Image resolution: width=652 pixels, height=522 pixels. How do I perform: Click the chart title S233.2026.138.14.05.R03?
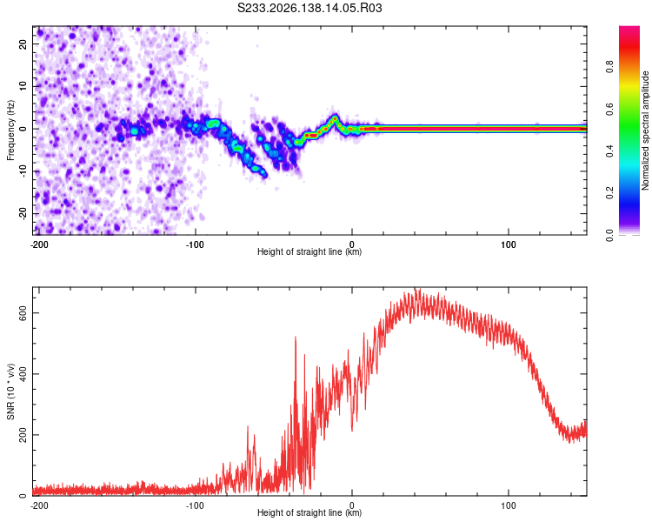[x=309, y=8]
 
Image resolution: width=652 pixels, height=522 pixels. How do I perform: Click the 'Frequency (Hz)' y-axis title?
[x=10, y=130]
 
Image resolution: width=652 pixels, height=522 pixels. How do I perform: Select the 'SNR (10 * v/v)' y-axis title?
[x=10, y=391]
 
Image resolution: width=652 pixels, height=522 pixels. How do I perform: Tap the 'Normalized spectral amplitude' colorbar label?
[x=645, y=130]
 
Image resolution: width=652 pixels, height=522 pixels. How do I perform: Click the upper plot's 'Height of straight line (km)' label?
[x=309, y=251]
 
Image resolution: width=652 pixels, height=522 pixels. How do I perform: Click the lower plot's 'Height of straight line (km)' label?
[x=309, y=512]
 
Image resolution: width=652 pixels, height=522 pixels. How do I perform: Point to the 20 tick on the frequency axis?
[x=23, y=43]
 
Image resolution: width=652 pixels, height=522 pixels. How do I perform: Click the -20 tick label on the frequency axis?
[x=23, y=213]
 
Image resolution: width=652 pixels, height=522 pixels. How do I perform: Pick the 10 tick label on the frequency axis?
[x=23, y=86]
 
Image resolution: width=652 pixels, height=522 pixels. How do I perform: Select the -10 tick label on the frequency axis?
[x=23, y=171]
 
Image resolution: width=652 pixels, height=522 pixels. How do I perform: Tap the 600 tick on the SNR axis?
[x=23, y=312]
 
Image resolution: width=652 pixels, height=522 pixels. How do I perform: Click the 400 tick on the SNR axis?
[x=23, y=374]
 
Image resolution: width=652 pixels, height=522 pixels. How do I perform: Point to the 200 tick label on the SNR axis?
[x=23, y=435]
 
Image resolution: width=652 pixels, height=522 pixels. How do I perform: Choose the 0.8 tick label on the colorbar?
[x=609, y=67]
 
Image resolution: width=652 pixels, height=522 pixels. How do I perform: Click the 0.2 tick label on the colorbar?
[x=609, y=193]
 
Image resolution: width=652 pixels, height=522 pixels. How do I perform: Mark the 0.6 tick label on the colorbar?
[x=609, y=109]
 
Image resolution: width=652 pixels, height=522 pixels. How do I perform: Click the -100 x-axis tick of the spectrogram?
[x=195, y=244]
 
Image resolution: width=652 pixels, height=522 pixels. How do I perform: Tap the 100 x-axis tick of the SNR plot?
[x=509, y=505]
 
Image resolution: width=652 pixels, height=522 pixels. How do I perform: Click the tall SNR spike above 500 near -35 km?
[x=296, y=339]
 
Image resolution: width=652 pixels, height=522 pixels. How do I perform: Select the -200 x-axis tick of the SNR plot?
[x=39, y=505]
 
